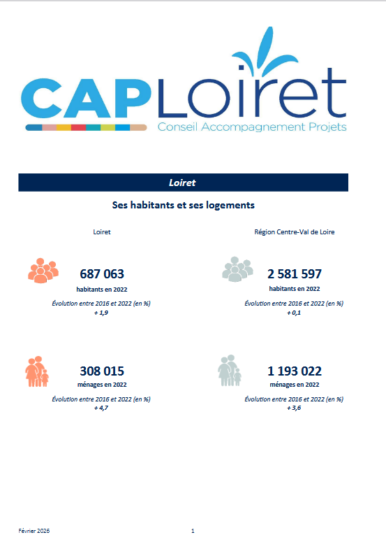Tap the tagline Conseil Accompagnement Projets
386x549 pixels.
[252, 127]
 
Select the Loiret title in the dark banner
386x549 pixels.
[182, 183]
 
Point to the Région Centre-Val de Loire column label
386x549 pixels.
[294, 231]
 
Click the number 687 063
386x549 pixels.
[102, 273]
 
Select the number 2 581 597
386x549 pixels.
[295, 273]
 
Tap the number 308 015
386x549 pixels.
[102, 371]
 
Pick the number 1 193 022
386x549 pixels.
[295, 371]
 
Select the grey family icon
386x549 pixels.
[230, 371]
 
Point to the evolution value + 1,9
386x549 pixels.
[101, 313]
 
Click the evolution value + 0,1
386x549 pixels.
[294, 313]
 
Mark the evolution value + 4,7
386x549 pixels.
[101, 408]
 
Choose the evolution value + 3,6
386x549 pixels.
[294, 408]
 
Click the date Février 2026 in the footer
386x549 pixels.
[34, 532]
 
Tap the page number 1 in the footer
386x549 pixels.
[193, 532]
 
